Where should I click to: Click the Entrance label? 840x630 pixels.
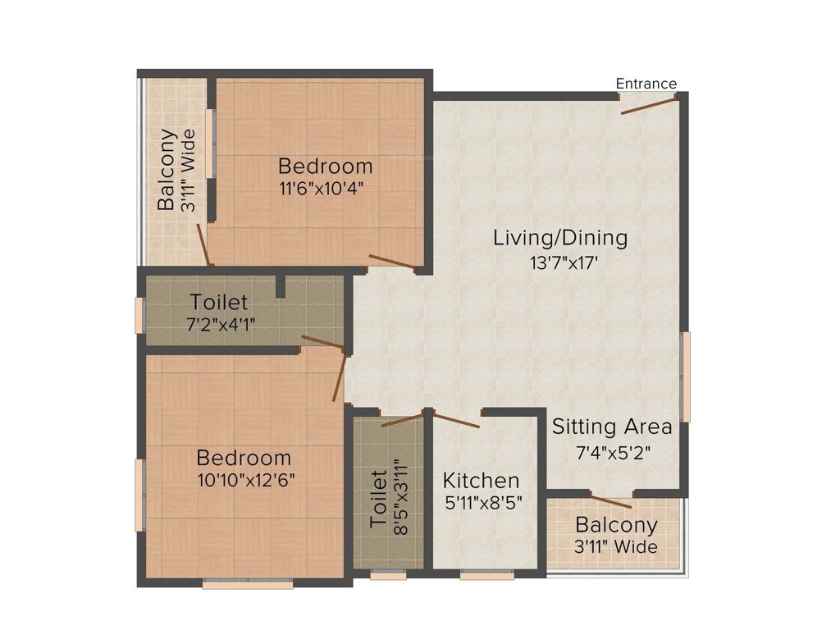pyautogui.click(x=646, y=84)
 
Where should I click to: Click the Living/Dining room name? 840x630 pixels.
pyautogui.click(x=560, y=238)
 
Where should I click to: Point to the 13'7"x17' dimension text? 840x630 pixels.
pyautogui.click(x=560, y=263)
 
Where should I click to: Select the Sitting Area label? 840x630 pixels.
pyautogui.click(x=611, y=427)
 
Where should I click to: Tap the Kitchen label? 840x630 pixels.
pyautogui.click(x=481, y=480)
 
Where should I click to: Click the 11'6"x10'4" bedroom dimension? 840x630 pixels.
pyautogui.click(x=322, y=186)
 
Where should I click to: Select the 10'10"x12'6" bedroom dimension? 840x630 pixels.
pyautogui.click(x=244, y=480)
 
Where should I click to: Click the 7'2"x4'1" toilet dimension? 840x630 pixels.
pyautogui.click(x=219, y=324)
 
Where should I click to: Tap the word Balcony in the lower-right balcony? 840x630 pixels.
pyautogui.click(x=616, y=524)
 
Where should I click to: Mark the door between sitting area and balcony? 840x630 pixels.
pyautogui.click(x=611, y=501)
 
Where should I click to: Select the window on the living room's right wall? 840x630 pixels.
pyautogui.click(x=687, y=377)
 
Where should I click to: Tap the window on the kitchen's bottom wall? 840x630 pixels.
pyautogui.click(x=481, y=576)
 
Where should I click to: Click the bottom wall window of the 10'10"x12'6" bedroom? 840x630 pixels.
pyautogui.click(x=236, y=584)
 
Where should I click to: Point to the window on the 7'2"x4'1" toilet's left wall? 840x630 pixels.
pyautogui.click(x=139, y=315)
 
